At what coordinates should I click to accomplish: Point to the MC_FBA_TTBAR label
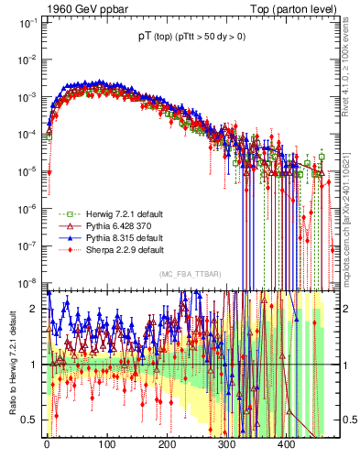188,275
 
